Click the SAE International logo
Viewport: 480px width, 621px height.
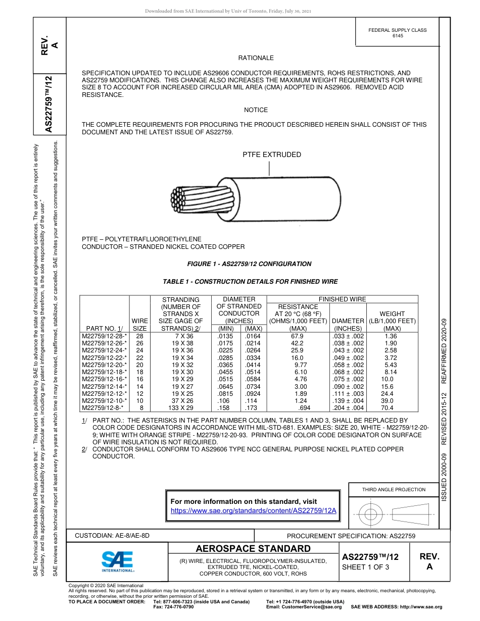pyautogui.click(x=117, y=560)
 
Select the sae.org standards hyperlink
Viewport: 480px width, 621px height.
pyautogui.click(x=254, y=510)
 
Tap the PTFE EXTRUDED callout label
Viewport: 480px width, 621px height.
pyautogui.click(x=272, y=154)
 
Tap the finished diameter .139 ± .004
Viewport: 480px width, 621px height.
pyautogui.click(x=348, y=400)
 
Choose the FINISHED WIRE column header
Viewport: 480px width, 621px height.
pyautogui.click(x=342, y=299)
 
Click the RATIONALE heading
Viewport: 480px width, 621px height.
pyautogui.click(x=256, y=58)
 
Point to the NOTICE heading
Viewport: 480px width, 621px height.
pyautogui.click(x=256, y=110)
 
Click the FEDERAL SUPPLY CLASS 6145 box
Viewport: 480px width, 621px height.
pyautogui.click(x=397, y=33)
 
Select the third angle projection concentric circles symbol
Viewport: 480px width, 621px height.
pyautogui.click(x=371, y=514)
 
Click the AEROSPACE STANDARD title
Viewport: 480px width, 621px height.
pyautogui.click(x=253, y=549)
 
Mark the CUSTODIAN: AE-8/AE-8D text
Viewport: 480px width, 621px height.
pyautogui.click(x=112, y=535)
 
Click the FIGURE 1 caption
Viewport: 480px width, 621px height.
pyautogui.click(x=249, y=264)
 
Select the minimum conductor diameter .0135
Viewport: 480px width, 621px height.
pyautogui.click(x=224, y=336)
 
